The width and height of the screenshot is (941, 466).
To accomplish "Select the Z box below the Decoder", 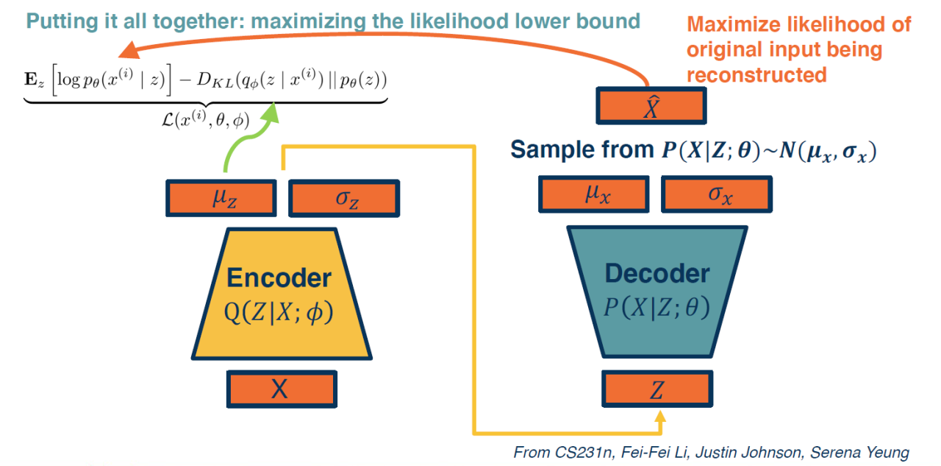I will point(656,391).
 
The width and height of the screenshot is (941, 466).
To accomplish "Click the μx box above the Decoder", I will point(598,193).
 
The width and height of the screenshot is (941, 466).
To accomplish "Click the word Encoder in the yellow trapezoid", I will point(279,278).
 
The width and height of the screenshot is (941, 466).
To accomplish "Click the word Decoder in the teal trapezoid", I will point(656,274).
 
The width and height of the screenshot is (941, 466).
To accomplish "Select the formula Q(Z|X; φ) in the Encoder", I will point(279,313).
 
